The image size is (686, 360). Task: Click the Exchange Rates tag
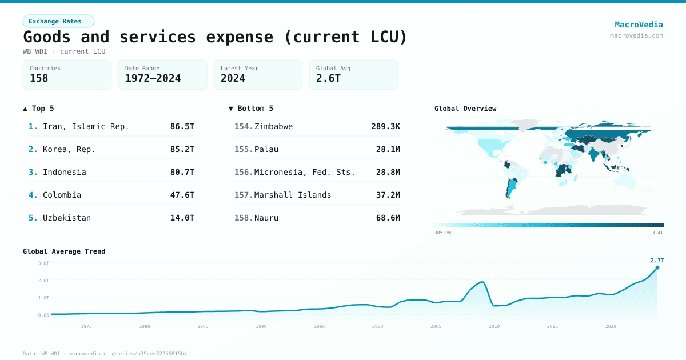[x=58, y=21]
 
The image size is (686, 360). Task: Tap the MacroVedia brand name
[x=639, y=25]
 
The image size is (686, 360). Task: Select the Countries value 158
[x=39, y=78]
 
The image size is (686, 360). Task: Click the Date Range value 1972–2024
[x=153, y=78]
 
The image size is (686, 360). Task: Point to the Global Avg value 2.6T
[x=328, y=78]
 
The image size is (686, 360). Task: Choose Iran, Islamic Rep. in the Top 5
[x=86, y=126]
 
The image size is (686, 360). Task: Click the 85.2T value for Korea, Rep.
[x=182, y=149]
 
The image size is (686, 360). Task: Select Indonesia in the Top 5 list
[x=64, y=172]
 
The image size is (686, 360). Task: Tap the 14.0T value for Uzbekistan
[x=182, y=218]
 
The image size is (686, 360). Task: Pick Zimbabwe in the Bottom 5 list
[x=273, y=126]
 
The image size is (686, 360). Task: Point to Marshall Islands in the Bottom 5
[x=293, y=195]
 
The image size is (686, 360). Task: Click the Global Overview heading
[x=465, y=109]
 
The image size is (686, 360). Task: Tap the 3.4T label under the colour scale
[x=657, y=233]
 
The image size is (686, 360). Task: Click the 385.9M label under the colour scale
[x=442, y=233]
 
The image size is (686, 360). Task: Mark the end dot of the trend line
[x=657, y=267]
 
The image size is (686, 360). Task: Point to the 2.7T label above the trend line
[x=657, y=261]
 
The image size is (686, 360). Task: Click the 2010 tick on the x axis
[x=494, y=326]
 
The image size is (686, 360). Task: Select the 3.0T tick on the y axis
[x=43, y=263]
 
